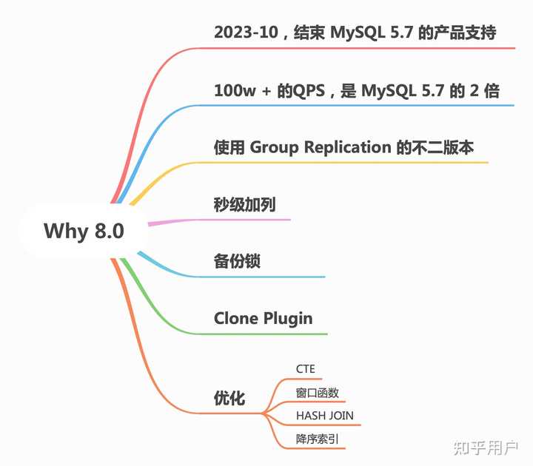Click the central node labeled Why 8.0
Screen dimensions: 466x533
[x=84, y=231]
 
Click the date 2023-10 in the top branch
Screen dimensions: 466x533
[x=244, y=33]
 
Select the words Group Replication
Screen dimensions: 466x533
[x=320, y=147]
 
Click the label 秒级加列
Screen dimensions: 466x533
[x=244, y=205]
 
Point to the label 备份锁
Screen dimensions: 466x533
[x=236, y=262]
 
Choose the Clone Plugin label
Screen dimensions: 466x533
[x=263, y=319]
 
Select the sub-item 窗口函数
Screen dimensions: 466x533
[x=317, y=392]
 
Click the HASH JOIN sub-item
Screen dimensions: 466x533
[x=324, y=416]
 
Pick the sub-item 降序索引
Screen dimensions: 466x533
[x=317, y=439]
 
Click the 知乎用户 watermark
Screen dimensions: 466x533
[x=486, y=448]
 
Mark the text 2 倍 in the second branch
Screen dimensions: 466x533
[x=484, y=92]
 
